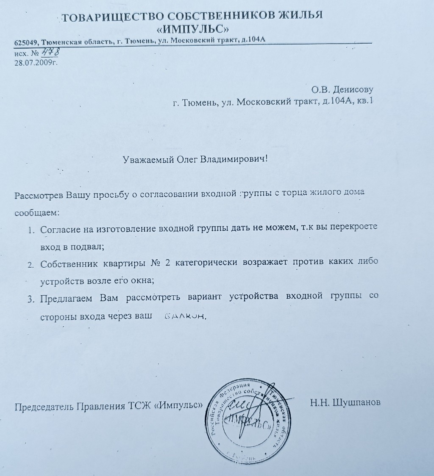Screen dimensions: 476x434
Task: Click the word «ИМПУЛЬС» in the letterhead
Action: (193, 29)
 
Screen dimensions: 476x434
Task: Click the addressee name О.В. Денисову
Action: (342, 90)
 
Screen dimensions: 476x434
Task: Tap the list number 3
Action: (31, 299)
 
